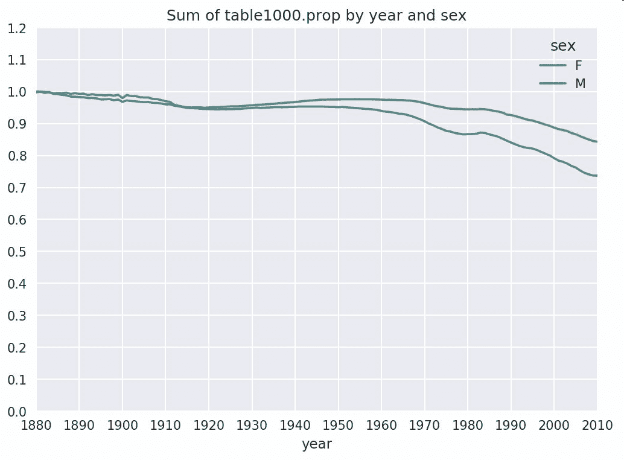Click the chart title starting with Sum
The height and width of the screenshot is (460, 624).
(x=316, y=16)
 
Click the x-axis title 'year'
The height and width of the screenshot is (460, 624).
(x=316, y=444)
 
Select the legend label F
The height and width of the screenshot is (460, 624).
(x=578, y=66)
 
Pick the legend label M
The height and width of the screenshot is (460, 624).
(x=580, y=84)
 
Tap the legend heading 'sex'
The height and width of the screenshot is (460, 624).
(x=562, y=46)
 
